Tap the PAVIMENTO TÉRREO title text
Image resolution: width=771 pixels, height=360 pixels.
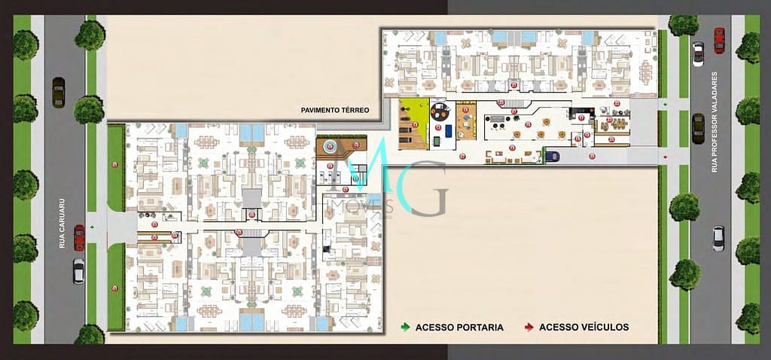click(x=335, y=110)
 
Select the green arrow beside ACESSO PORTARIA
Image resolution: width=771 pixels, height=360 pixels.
click(x=406, y=327)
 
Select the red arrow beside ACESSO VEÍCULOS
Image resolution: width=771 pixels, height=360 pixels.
click(x=529, y=327)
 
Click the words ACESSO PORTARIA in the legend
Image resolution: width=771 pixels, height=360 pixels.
click(x=459, y=327)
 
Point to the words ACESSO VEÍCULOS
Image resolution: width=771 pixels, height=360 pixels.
click(x=584, y=327)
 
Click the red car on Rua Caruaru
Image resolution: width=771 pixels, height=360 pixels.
click(x=79, y=237)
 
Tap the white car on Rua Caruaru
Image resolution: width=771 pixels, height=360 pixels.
click(x=78, y=270)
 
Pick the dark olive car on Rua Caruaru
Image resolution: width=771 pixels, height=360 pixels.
click(x=58, y=92)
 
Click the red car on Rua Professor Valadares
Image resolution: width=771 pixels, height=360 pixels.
click(x=719, y=39)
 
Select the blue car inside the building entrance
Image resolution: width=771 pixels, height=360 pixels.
click(x=552, y=156)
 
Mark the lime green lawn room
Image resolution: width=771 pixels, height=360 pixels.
click(x=413, y=124)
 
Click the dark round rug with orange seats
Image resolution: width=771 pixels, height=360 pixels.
click(x=439, y=113)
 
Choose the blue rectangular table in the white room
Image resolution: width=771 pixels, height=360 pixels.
click(x=449, y=130)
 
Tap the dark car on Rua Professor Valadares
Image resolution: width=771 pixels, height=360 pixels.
click(x=698, y=128)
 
